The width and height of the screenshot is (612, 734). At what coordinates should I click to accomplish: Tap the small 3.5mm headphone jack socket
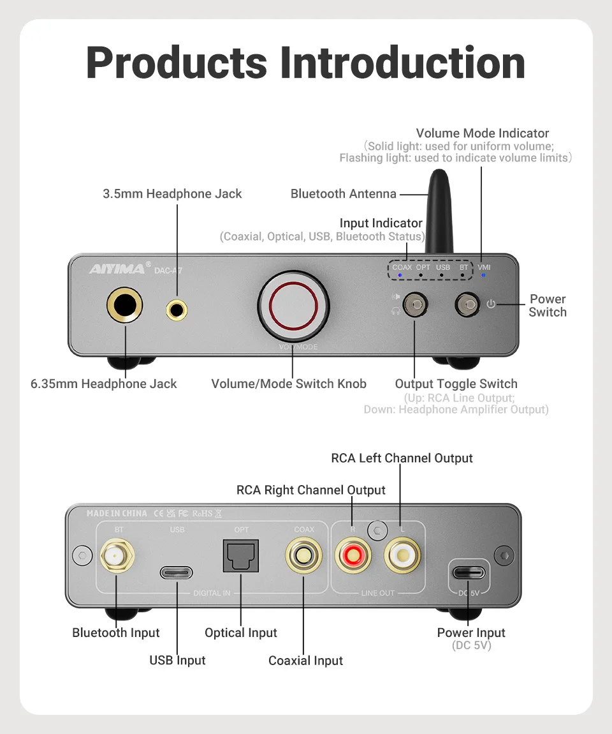177,310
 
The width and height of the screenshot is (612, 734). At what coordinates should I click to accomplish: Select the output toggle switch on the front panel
414,305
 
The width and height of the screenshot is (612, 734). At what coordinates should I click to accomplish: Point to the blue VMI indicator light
483,275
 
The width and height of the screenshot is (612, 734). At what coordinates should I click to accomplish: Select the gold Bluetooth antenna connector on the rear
116,557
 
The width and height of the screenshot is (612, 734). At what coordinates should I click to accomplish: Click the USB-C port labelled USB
177,572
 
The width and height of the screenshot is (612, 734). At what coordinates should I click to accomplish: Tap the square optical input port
241,555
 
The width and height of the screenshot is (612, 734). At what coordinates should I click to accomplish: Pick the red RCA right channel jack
353,555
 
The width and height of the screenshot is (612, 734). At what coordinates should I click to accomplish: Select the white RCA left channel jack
402,555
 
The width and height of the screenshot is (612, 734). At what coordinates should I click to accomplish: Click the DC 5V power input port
469,572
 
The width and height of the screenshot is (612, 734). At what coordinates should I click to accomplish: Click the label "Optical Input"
241,633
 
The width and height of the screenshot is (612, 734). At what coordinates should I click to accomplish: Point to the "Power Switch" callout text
548,306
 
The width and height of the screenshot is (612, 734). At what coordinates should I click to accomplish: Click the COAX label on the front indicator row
402,267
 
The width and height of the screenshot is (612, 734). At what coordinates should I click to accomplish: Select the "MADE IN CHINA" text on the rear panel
117,513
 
